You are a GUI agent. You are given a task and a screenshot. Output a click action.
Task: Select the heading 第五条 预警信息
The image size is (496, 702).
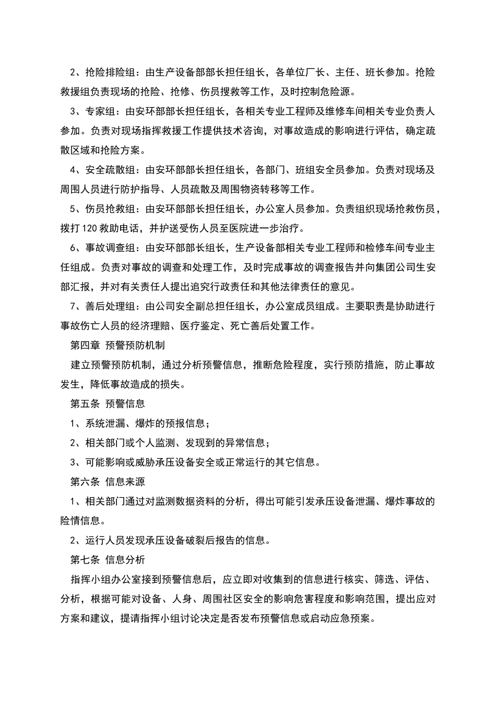click(x=108, y=404)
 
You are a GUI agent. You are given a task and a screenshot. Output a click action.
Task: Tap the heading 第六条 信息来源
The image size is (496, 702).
click(x=108, y=482)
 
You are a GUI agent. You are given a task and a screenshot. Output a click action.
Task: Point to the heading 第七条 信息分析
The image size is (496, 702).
click(x=108, y=560)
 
